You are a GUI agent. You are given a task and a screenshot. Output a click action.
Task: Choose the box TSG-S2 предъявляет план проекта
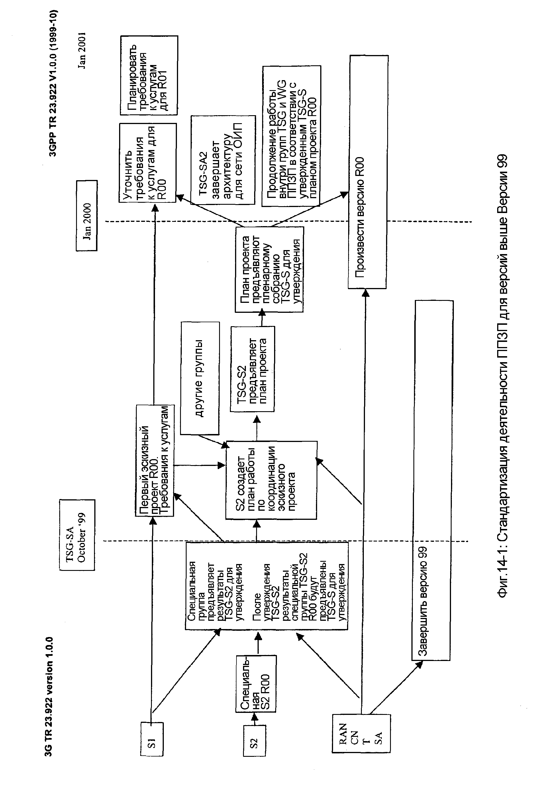click(252, 369)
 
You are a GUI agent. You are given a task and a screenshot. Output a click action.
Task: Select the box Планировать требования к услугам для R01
click(149, 75)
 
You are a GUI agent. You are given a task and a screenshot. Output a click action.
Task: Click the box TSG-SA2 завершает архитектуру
click(223, 160)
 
